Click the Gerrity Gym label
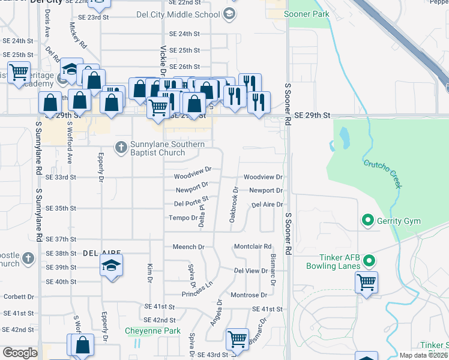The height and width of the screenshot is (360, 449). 399,221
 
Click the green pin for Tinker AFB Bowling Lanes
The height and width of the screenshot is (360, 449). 370,261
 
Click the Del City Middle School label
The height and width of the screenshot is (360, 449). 185,14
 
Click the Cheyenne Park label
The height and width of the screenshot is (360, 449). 152,331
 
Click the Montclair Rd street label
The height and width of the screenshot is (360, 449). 253,247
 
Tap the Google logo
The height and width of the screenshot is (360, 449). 20,353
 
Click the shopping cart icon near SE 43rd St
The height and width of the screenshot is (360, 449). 237,339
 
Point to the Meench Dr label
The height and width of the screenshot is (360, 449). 188,247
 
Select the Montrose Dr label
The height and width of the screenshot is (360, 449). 249,295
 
